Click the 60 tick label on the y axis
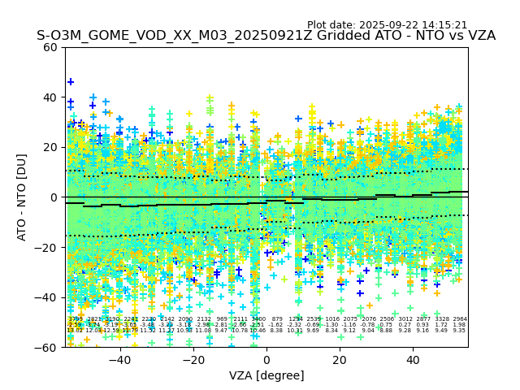(51, 47)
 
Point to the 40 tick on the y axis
(51, 97)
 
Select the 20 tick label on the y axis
(51, 147)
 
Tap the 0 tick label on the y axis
(54, 197)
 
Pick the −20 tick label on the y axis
(48, 248)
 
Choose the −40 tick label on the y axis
(48, 297)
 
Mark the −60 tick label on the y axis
(48, 348)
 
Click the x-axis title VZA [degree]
(266, 375)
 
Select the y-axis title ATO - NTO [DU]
(23, 197)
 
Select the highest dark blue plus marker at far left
(71, 82)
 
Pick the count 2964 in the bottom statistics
(459, 319)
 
